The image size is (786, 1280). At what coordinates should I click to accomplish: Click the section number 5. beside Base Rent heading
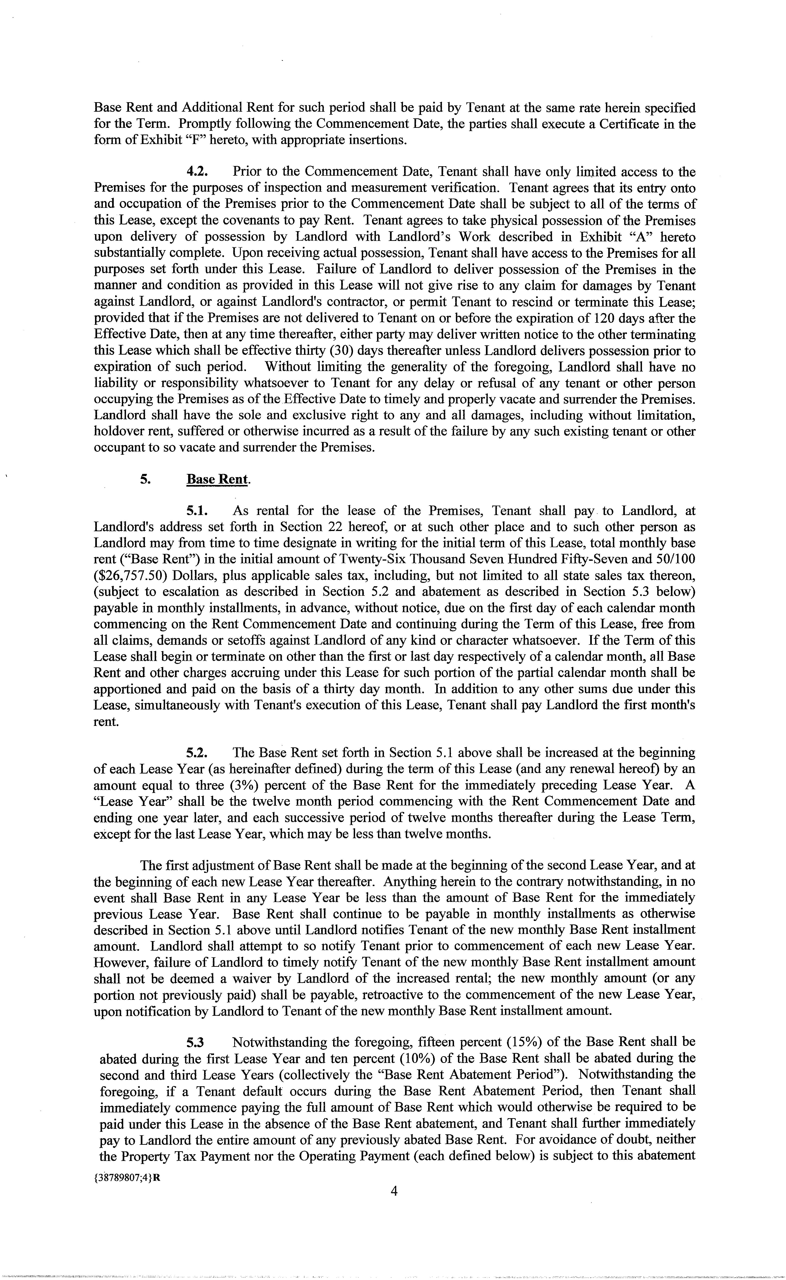pos(146,479)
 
